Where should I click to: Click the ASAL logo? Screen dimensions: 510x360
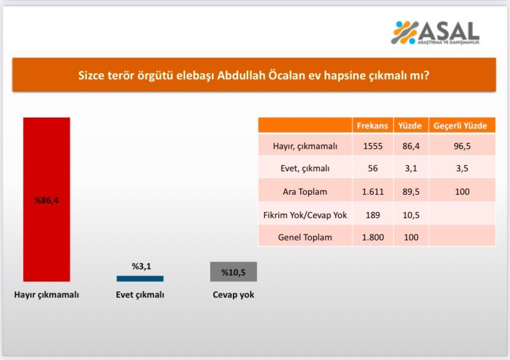(435, 33)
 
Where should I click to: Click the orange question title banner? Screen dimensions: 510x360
(254, 75)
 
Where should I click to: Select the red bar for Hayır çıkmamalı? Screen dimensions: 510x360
(47, 200)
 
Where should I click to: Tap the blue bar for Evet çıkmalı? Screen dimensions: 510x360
(140, 279)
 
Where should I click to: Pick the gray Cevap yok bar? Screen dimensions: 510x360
(233, 272)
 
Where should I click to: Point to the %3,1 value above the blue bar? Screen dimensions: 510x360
(142, 266)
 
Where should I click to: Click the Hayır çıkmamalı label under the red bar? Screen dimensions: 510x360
(47, 295)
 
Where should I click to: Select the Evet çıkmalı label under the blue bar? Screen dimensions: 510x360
(140, 295)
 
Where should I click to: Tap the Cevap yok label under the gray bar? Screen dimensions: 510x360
(233, 295)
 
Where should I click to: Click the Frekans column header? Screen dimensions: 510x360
(373, 126)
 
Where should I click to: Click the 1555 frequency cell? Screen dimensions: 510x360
(373, 146)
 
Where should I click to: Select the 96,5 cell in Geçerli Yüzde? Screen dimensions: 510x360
(462, 146)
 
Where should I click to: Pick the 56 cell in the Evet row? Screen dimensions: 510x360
(373, 168)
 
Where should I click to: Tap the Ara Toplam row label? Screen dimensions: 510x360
(305, 192)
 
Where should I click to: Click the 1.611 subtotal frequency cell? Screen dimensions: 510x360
(373, 192)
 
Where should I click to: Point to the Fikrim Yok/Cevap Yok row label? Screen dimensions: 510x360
(305, 215)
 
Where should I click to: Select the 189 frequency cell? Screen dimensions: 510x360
(373, 215)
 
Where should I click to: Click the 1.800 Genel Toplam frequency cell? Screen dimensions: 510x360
(373, 237)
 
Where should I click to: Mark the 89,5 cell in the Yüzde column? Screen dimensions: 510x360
(411, 192)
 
